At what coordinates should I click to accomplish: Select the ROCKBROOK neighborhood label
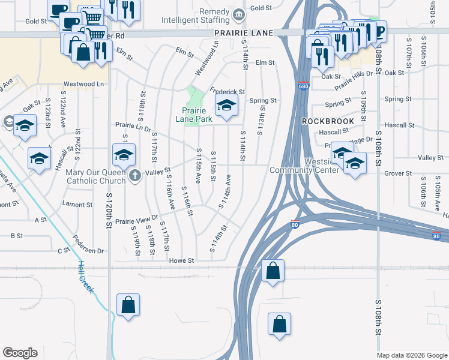tap(328, 121)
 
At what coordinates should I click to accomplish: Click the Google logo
tap(20, 353)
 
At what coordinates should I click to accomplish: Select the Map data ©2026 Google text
tap(411, 355)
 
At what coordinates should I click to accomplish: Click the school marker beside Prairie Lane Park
tap(226, 106)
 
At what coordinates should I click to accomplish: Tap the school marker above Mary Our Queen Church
tap(124, 156)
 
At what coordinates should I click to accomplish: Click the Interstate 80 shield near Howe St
tap(295, 224)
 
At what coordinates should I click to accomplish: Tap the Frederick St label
tap(228, 92)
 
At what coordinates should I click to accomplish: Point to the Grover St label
tap(399, 173)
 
